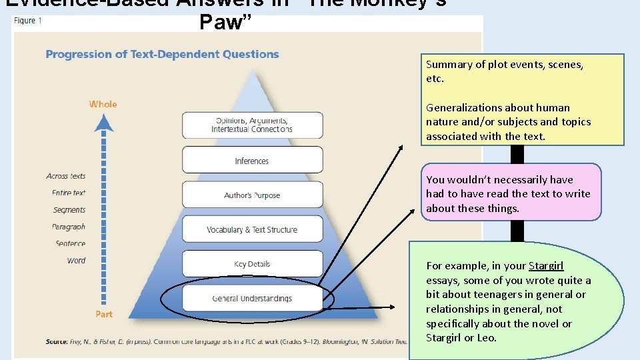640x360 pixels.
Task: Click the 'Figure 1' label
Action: click(x=27, y=21)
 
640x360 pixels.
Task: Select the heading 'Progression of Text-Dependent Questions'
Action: click(x=162, y=54)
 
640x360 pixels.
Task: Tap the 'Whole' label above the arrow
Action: click(x=103, y=104)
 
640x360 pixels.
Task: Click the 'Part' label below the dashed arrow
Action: click(x=103, y=314)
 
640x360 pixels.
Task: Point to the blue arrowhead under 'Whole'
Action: click(x=103, y=124)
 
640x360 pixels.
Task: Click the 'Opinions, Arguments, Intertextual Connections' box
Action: click(x=252, y=125)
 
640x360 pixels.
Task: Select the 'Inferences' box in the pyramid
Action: click(x=252, y=161)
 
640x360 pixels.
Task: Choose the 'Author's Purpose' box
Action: click(x=252, y=195)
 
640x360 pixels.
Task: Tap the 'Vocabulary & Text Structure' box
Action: click(x=252, y=230)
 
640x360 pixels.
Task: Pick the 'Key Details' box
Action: click(x=252, y=264)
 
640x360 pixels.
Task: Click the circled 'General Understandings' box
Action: click(x=252, y=299)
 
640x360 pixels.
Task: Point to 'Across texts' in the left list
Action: click(x=66, y=176)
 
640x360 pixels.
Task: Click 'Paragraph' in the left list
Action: click(x=69, y=227)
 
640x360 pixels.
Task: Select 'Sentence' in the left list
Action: click(x=71, y=243)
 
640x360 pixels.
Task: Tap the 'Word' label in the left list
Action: click(x=76, y=261)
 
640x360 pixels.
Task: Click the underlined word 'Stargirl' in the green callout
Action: click(x=546, y=266)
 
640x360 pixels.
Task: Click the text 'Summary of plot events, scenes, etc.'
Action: click(x=505, y=71)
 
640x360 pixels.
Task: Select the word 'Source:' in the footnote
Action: click(x=56, y=342)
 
